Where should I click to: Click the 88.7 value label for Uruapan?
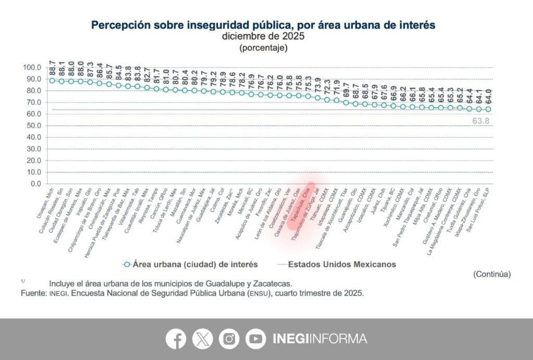pos(53,67)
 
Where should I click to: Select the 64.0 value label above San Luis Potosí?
pos(489,97)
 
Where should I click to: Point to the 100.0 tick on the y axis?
pos(32,68)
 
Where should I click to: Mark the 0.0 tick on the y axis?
pos(35,184)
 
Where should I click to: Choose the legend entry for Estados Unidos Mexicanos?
pos(341,264)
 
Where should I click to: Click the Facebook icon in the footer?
pos(176,339)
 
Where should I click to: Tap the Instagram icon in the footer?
pos(229,339)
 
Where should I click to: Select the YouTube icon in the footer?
pos(256,339)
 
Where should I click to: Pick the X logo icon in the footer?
pos(202,339)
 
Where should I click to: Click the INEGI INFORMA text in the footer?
pos(320,339)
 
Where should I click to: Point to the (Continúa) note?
pos(492,274)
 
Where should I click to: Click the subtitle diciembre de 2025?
pos(263,36)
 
